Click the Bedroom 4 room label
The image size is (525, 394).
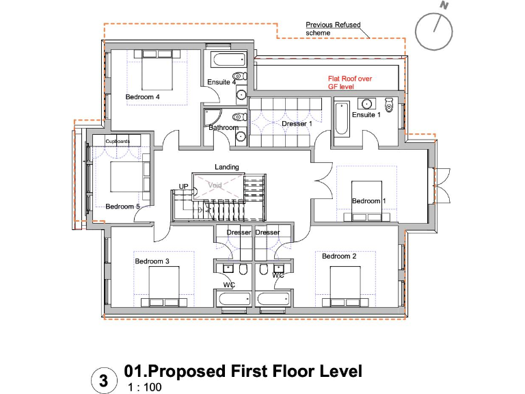142,97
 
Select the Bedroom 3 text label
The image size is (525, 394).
151,261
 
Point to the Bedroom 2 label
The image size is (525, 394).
339,257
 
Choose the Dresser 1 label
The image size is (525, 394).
297,124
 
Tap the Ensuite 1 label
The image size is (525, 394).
366,115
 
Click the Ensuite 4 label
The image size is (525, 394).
221,82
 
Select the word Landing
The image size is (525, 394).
227,167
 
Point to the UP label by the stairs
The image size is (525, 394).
183,186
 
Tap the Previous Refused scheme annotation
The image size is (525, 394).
333,29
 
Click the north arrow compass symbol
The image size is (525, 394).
435,31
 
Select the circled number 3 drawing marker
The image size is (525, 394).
103,379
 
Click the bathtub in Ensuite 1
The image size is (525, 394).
342,118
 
